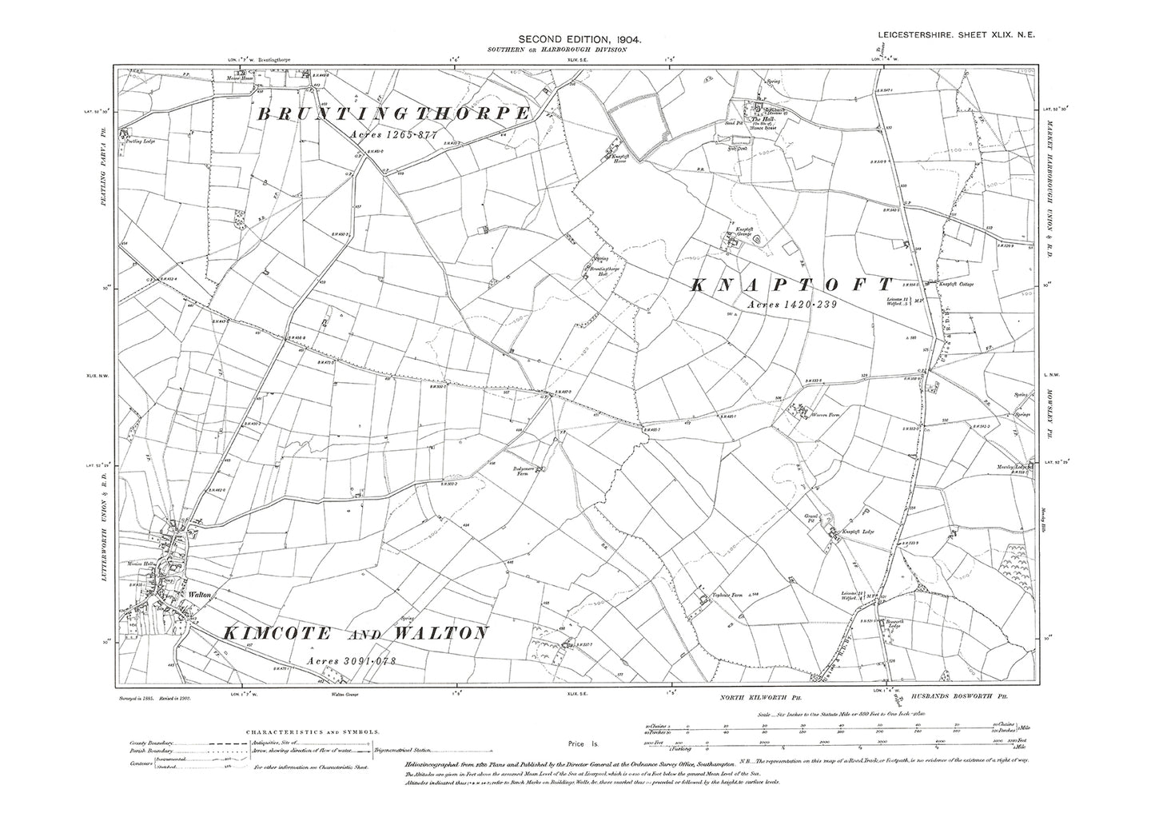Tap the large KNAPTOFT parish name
[x=791, y=285]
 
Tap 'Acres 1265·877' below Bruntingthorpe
[x=393, y=134]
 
